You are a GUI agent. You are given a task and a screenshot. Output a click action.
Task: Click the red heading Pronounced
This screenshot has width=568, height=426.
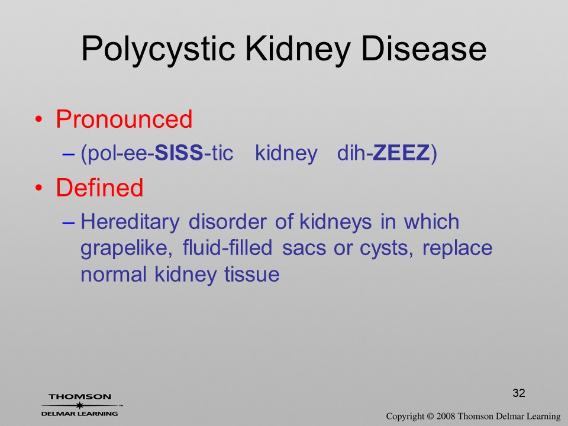[x=124, y=119]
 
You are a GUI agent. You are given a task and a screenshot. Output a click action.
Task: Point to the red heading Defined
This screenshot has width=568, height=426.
[x=99, y=188]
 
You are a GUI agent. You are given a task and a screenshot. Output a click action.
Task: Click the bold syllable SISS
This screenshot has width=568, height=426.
[x=179, y=153]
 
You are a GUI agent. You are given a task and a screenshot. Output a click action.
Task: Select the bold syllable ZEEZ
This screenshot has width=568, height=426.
[x=401, y=153]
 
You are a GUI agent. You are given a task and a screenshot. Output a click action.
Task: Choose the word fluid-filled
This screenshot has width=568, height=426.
[x=227, y=248]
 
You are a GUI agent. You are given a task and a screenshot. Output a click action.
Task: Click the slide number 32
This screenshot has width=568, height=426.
[x=519, y=393]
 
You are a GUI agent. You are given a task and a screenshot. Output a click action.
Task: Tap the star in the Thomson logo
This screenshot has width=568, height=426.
[x=80, y=405]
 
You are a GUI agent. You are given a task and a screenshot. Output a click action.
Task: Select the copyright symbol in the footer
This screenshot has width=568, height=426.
[x=430, y=416]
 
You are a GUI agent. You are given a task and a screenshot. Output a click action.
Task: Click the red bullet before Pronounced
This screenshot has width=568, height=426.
[x=39, y=119]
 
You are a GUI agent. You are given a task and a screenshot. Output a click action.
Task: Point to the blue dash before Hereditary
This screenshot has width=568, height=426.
[x=69, y=223]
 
